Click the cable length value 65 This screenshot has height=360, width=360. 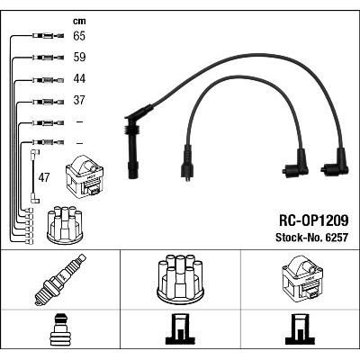[x=79, y=36]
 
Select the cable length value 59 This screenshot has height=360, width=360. [x=79, y=58]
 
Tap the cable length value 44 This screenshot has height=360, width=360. [x=79, y=78]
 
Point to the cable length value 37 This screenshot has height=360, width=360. [x=79, y=100]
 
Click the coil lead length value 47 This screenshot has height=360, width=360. [x=44, y=177]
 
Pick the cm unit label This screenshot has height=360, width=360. [x=79, y=21]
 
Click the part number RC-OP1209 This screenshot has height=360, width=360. [x=314, y=221]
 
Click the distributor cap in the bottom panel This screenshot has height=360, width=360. [x=180, y=277]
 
